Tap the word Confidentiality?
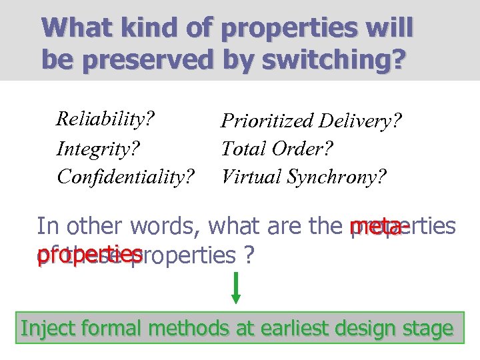[x=126, y=176]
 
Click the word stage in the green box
[x=427, y=329]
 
